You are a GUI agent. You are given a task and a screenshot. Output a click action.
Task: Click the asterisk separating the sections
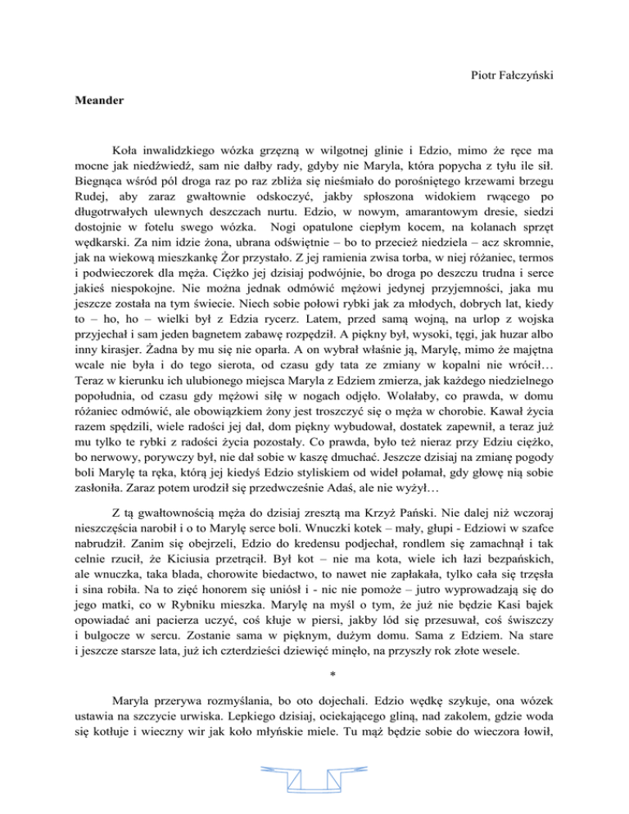[x=314, y=631]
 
